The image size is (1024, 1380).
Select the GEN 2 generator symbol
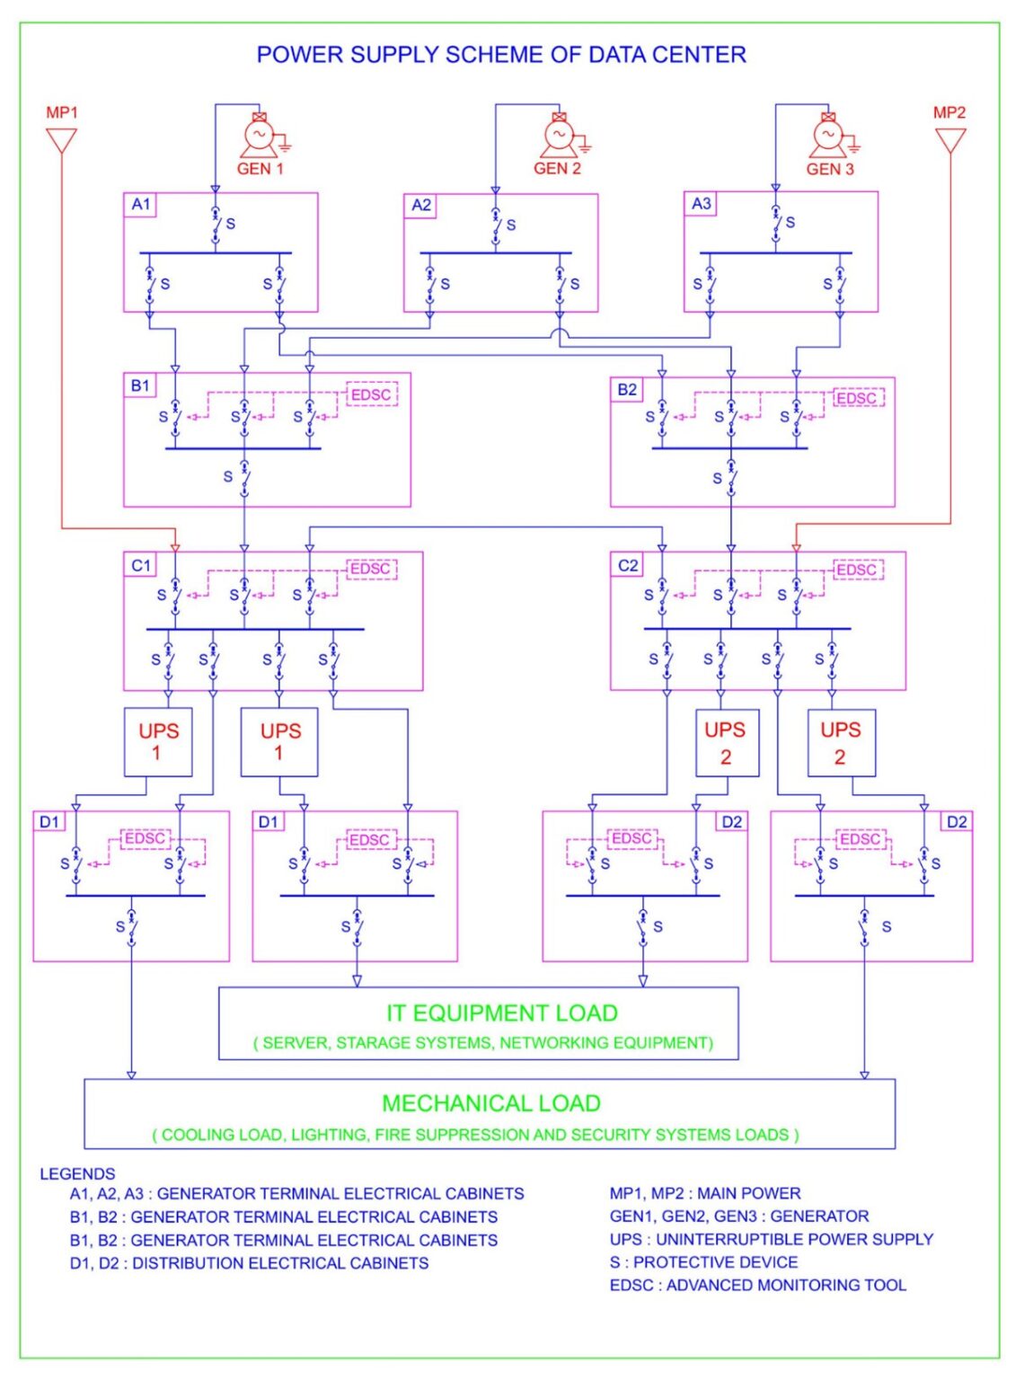(x=559, y=136)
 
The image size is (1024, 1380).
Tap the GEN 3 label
(x=829, y=169)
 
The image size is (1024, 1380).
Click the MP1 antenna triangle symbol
(x=61, y=140)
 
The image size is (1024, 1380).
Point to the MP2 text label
(x=949, y=112)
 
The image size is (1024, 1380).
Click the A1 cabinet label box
(x=141, y=205)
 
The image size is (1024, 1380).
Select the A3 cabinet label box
(x=702, y=204)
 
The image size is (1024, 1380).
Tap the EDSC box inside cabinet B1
(x=371, y=394)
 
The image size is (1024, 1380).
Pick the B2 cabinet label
(x=627, y=390)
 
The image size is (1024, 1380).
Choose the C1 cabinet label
(x=141, y=565)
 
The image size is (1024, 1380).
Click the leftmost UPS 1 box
(x=158, y=742)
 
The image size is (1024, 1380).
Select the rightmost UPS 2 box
(x=841, y=743)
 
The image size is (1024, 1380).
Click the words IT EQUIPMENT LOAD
(x=501, y=1013)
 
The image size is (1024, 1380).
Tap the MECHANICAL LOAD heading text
(x=491, y=1103)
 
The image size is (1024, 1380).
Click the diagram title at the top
(x=501, y=55)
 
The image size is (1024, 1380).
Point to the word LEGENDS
(x=77, y=1174)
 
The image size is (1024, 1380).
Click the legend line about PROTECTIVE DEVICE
(x=703, y=1262)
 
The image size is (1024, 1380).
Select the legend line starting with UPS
(x=771, y=1240)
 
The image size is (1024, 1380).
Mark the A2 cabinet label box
(x=421, y=206)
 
